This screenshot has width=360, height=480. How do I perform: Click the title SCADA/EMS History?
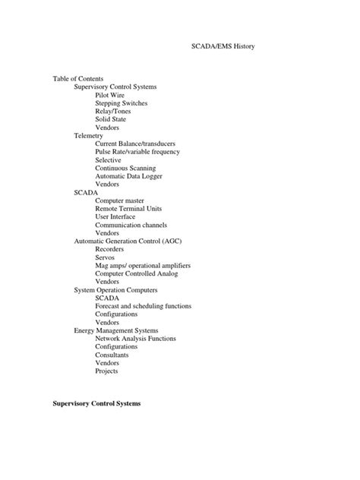(x=220, y=47)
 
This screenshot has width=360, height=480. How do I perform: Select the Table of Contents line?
(x=78, y=78)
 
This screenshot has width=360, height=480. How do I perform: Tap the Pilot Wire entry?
(x=109, y=95)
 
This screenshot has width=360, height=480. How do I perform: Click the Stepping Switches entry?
(x=122, y=103)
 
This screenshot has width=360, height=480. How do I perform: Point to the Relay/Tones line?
(x=113, y=111)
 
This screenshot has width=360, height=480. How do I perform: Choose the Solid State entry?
(x=110, y=119)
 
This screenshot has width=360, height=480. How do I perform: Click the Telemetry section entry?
(x=89, y=135)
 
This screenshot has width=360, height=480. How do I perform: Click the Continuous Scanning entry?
(x=125, y=168)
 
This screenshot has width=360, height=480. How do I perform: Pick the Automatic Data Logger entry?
(x=129, y=176)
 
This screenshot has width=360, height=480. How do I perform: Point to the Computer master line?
(x=118, y=201)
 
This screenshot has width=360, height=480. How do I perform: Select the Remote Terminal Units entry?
(x=128, y=209)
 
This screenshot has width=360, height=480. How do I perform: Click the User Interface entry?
(x=116, y=216)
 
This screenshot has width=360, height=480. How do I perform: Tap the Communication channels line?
(x=131, y=225)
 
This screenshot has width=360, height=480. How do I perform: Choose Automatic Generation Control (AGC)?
(x=128, y=241)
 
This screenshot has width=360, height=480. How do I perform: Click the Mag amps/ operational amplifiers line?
(x=143, y=265)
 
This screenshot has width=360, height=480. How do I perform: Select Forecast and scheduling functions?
(x=143, y=306)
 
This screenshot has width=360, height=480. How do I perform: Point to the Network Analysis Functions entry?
(x=134, y=339)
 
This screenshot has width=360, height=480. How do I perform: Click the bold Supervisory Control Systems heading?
(x=96, y=403)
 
